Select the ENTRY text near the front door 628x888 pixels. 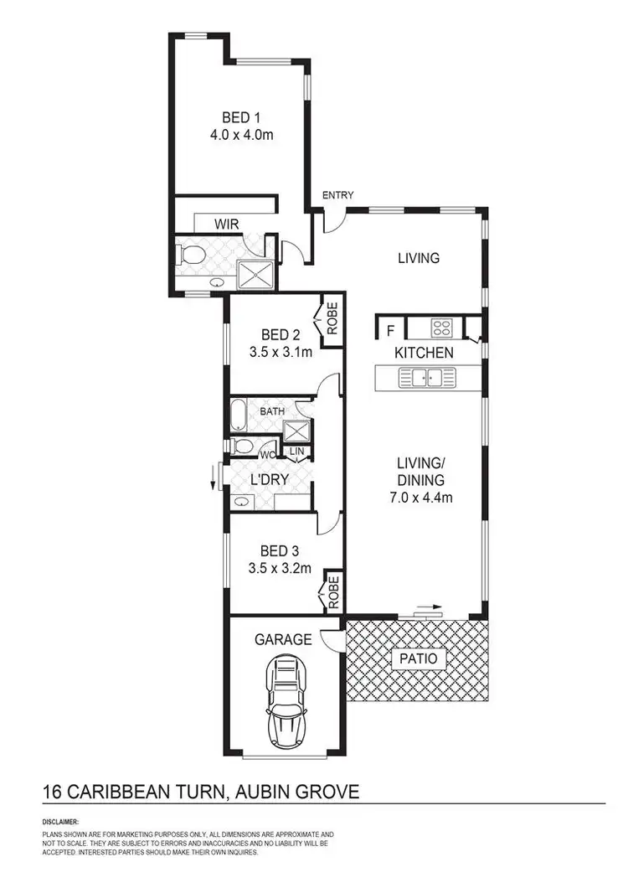pyautogui.click(x=338, y=195)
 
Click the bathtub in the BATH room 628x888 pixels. pyautogui.click(x=239, y=414)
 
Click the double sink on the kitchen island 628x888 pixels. pyautogui.click(x=427, y=379)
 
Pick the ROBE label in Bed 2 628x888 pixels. pyautogui.click(x=332, y=319)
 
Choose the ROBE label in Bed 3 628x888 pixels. pyautogui.click(x=332, y=591)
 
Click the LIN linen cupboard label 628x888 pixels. pyautogui.click(x=296, y=452)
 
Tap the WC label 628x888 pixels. pyautogui.click(x=267, y=454)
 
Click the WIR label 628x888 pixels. pyautogui.click(x=228, y=225)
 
